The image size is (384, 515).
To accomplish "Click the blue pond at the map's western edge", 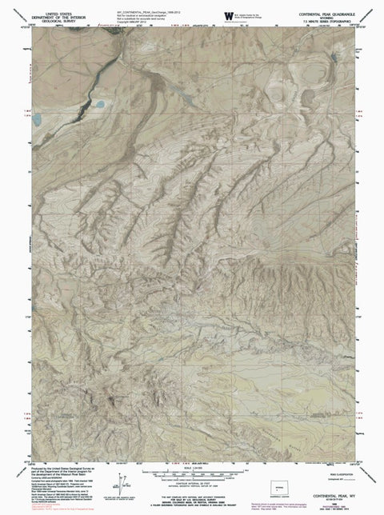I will (x=37, y=119).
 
